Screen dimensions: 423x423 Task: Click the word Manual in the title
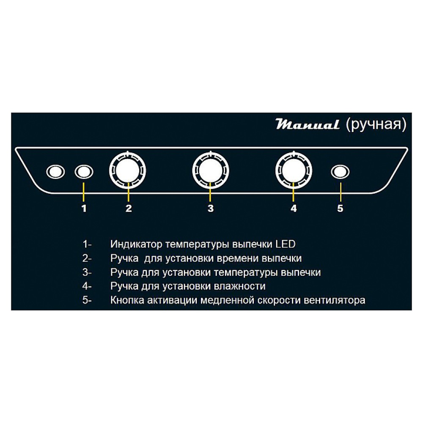tap(308, 125)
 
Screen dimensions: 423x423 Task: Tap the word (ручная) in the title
tap(376, 125)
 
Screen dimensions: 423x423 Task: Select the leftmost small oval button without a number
tap(55, 172)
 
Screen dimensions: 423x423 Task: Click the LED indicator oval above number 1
tap(84, 172)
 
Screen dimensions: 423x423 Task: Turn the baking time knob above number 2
tap(128, 170)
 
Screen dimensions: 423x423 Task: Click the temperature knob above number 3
tap(210, 170)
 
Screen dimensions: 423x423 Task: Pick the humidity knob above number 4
tap(294, 170)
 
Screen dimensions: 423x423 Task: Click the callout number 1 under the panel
tap(84, 208)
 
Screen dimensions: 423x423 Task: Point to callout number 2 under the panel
tap(129, 208)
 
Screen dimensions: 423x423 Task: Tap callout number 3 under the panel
tap(211, 208)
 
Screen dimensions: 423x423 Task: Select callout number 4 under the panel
tap(294, 208)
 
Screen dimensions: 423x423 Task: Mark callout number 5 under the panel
tap(340, 208)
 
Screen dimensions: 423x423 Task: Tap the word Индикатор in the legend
tap(136, 244)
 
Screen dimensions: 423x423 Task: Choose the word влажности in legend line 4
tap(239, 286)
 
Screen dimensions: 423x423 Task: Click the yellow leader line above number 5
tap(341, 192)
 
